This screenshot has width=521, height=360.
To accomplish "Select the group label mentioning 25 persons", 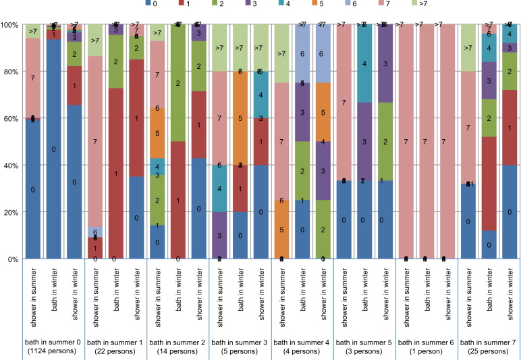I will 490,346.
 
